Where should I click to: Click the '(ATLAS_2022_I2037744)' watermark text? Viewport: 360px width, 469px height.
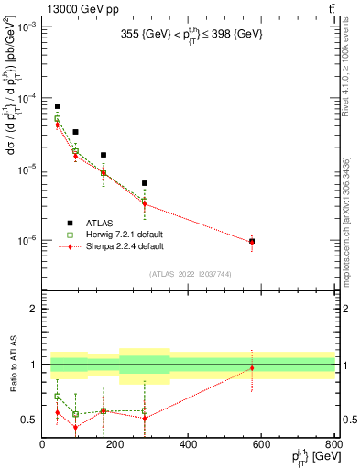click(x=190, y=273)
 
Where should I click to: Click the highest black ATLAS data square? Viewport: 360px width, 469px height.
click(x=57, y=106)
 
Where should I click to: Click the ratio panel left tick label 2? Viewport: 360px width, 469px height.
click(x=34, y=310)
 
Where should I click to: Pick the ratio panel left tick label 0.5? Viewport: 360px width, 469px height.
click(x=29, y=420)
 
